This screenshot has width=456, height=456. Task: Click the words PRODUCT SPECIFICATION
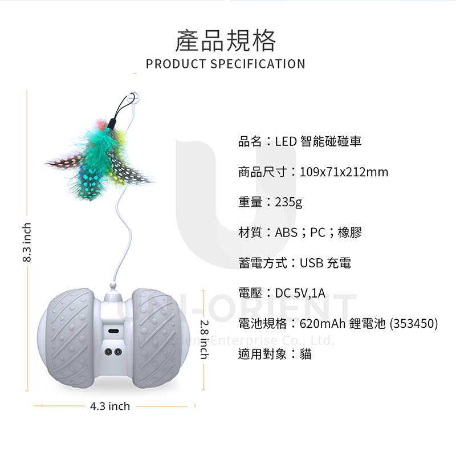click(226, 64)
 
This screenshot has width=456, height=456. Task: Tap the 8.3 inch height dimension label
click(26, 242)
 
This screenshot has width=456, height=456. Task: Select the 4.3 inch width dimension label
click(110, 406)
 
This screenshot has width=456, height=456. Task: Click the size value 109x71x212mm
click(344, 172)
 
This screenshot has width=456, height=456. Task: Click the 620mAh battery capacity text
click(323, 324)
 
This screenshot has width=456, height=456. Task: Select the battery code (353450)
click(414, 324)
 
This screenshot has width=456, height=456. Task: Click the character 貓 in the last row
click(306, 354)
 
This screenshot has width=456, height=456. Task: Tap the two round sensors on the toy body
click(113, 351)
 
